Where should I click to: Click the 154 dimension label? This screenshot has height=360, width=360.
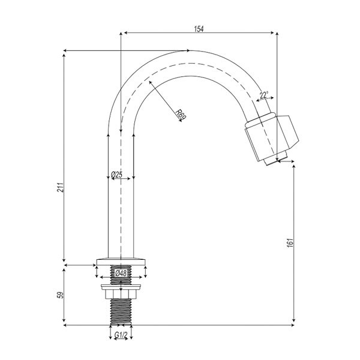coord(199,29)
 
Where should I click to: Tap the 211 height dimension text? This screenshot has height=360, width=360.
coord(60,187)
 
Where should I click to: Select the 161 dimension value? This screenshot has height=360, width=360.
coord(290,242)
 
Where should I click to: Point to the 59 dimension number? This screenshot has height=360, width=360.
coord(61,295)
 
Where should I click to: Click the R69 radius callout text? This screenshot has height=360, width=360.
coord(181,115)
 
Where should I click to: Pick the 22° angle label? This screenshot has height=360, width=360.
coord(264,95)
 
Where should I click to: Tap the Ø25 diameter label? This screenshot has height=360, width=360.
coord(116,175)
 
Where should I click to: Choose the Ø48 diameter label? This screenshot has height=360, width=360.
coord(121,273)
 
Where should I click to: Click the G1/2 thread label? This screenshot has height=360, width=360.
coord(121,335)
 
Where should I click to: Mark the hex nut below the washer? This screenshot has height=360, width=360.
coord(121,294)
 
